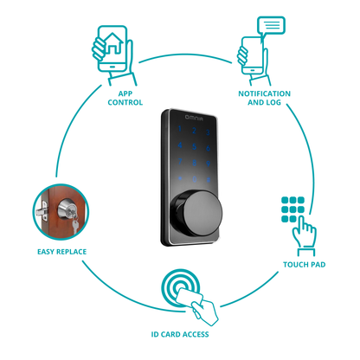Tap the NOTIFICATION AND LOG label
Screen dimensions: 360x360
tap(264, 98)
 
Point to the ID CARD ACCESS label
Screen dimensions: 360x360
tap(178, 334)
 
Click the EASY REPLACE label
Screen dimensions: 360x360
tap(61, 252)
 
